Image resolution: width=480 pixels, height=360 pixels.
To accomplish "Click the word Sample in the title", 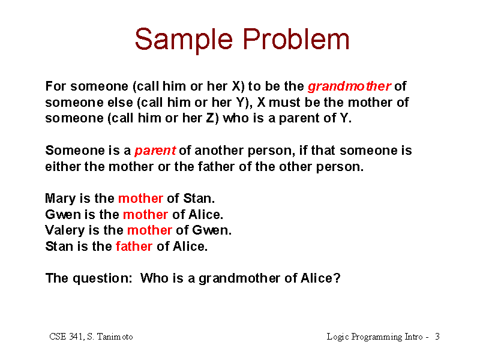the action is pyautogui.click(x=184, y=40).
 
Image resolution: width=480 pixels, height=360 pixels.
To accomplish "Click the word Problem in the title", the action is pyautogui.click(x=296, y=39).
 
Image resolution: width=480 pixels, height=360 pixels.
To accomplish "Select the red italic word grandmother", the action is pyautogui.click(x=349, y=87).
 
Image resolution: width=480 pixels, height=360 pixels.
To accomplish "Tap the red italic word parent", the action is pyautogui.click(x=155, y=151).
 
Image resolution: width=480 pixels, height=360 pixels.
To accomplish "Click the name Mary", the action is pyautogui.click(x=61, y=199).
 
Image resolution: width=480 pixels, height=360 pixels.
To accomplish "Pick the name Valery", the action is pyautogui.click(x=65, y=231).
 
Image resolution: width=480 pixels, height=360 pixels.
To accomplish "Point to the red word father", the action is pyautogui.click(x=134, y=247).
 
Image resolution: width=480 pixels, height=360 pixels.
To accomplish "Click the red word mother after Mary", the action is pyautogui.click(x=140, y=199).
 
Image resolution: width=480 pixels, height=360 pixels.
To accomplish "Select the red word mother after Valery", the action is pyautogui.click(x=149, y=230).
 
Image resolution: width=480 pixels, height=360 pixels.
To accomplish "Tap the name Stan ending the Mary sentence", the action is pyautogui.click(x=199, y=199).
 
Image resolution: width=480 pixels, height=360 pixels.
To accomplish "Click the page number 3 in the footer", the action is pyautogui.click(x=437, y=337).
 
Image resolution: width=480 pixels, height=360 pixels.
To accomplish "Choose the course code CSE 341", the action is pyautogui.click(x=66, y=337).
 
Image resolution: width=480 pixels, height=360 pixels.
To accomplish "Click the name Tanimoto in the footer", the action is pyautogui.click(x=115, y=337).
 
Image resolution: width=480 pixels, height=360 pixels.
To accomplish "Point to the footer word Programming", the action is pyautogui.click(x=377, y=337).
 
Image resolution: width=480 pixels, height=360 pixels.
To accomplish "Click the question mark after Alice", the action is pyautogui.click(x=337, y=278).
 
